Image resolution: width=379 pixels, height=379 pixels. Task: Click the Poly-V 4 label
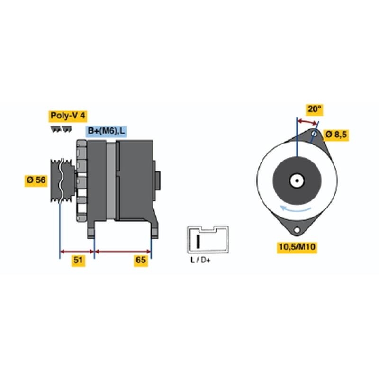coord(68,116)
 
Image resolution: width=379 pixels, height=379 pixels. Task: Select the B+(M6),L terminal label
coord(106,131)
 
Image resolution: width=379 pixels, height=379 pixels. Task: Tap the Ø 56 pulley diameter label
coord(36,180)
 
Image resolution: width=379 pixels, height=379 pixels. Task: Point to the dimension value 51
coord(78,260)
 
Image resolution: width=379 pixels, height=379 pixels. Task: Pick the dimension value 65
coord(141,260)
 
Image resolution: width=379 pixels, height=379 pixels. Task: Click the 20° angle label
coord(314,109)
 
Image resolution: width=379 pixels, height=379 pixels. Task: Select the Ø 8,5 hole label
coord(336,135)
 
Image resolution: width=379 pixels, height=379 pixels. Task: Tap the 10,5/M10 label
coord(297,247)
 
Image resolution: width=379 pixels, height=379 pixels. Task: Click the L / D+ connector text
coord(200,260)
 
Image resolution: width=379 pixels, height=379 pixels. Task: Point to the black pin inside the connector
coord(198,241)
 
